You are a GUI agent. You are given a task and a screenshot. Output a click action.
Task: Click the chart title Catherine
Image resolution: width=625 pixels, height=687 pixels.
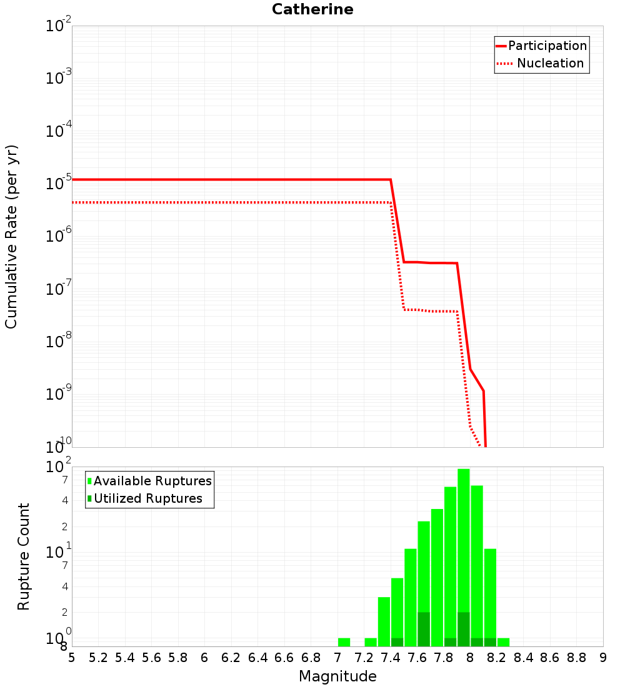[x=312, y=10]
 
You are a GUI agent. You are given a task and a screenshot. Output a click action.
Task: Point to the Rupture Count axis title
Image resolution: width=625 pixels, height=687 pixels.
[x=24, y=556]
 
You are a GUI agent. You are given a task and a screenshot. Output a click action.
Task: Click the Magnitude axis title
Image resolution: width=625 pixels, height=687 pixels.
[x=337, y=676]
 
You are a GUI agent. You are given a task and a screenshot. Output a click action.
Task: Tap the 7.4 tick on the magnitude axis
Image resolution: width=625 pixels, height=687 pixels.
[x=391, y=658]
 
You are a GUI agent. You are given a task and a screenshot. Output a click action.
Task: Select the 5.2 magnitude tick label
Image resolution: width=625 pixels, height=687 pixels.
[x=99, y=658]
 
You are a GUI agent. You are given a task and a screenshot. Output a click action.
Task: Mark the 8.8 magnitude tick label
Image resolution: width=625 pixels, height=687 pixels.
[x=576, y=658]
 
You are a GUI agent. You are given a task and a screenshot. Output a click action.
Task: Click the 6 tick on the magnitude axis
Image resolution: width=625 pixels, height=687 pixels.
[x=204, y=658]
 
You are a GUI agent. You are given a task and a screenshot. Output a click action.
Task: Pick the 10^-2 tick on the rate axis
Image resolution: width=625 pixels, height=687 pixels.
[x=59, y=26]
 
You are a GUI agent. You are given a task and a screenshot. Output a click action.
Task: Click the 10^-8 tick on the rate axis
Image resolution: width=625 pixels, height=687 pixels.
[x=59, y=341]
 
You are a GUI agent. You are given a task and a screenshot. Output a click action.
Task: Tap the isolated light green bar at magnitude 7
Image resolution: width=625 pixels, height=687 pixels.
[x=344, y=642]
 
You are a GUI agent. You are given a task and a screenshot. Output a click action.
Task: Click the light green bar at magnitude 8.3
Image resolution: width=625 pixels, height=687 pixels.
[x=503, y=642]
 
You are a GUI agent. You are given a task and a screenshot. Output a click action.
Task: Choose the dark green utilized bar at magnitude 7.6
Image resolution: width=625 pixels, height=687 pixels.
[x=424, y=630]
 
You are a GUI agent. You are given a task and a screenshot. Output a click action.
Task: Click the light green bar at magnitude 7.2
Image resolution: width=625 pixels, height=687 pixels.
[x=371, y=642]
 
